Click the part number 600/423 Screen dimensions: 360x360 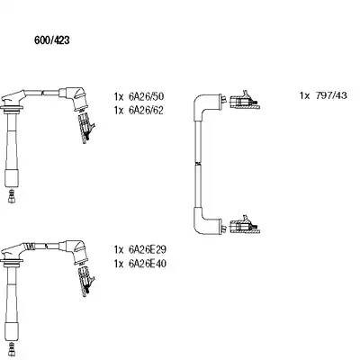[x=52, y=40]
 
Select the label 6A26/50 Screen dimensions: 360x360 [x=146, y=96]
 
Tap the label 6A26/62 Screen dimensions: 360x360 [x=146, y=111]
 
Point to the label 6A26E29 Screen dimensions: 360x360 [x=147, y=249]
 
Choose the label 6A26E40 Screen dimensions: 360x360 [x=147, y=264]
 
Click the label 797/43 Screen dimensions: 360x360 [x=331, y=95]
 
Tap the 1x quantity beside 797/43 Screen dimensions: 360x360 [x=304, y=95]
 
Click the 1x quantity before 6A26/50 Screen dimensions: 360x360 [x=119, y=96]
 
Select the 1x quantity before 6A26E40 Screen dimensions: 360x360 [x=119, y=264]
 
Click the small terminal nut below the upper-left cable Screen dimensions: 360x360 [x=12, y=196]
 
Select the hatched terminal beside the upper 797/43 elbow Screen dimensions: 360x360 [x=244, y=101]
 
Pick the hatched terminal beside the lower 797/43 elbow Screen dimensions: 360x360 [x=245, y=226]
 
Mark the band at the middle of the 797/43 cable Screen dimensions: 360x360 [x=197, y=164]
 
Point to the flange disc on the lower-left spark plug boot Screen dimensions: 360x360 [x=12, y=259]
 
